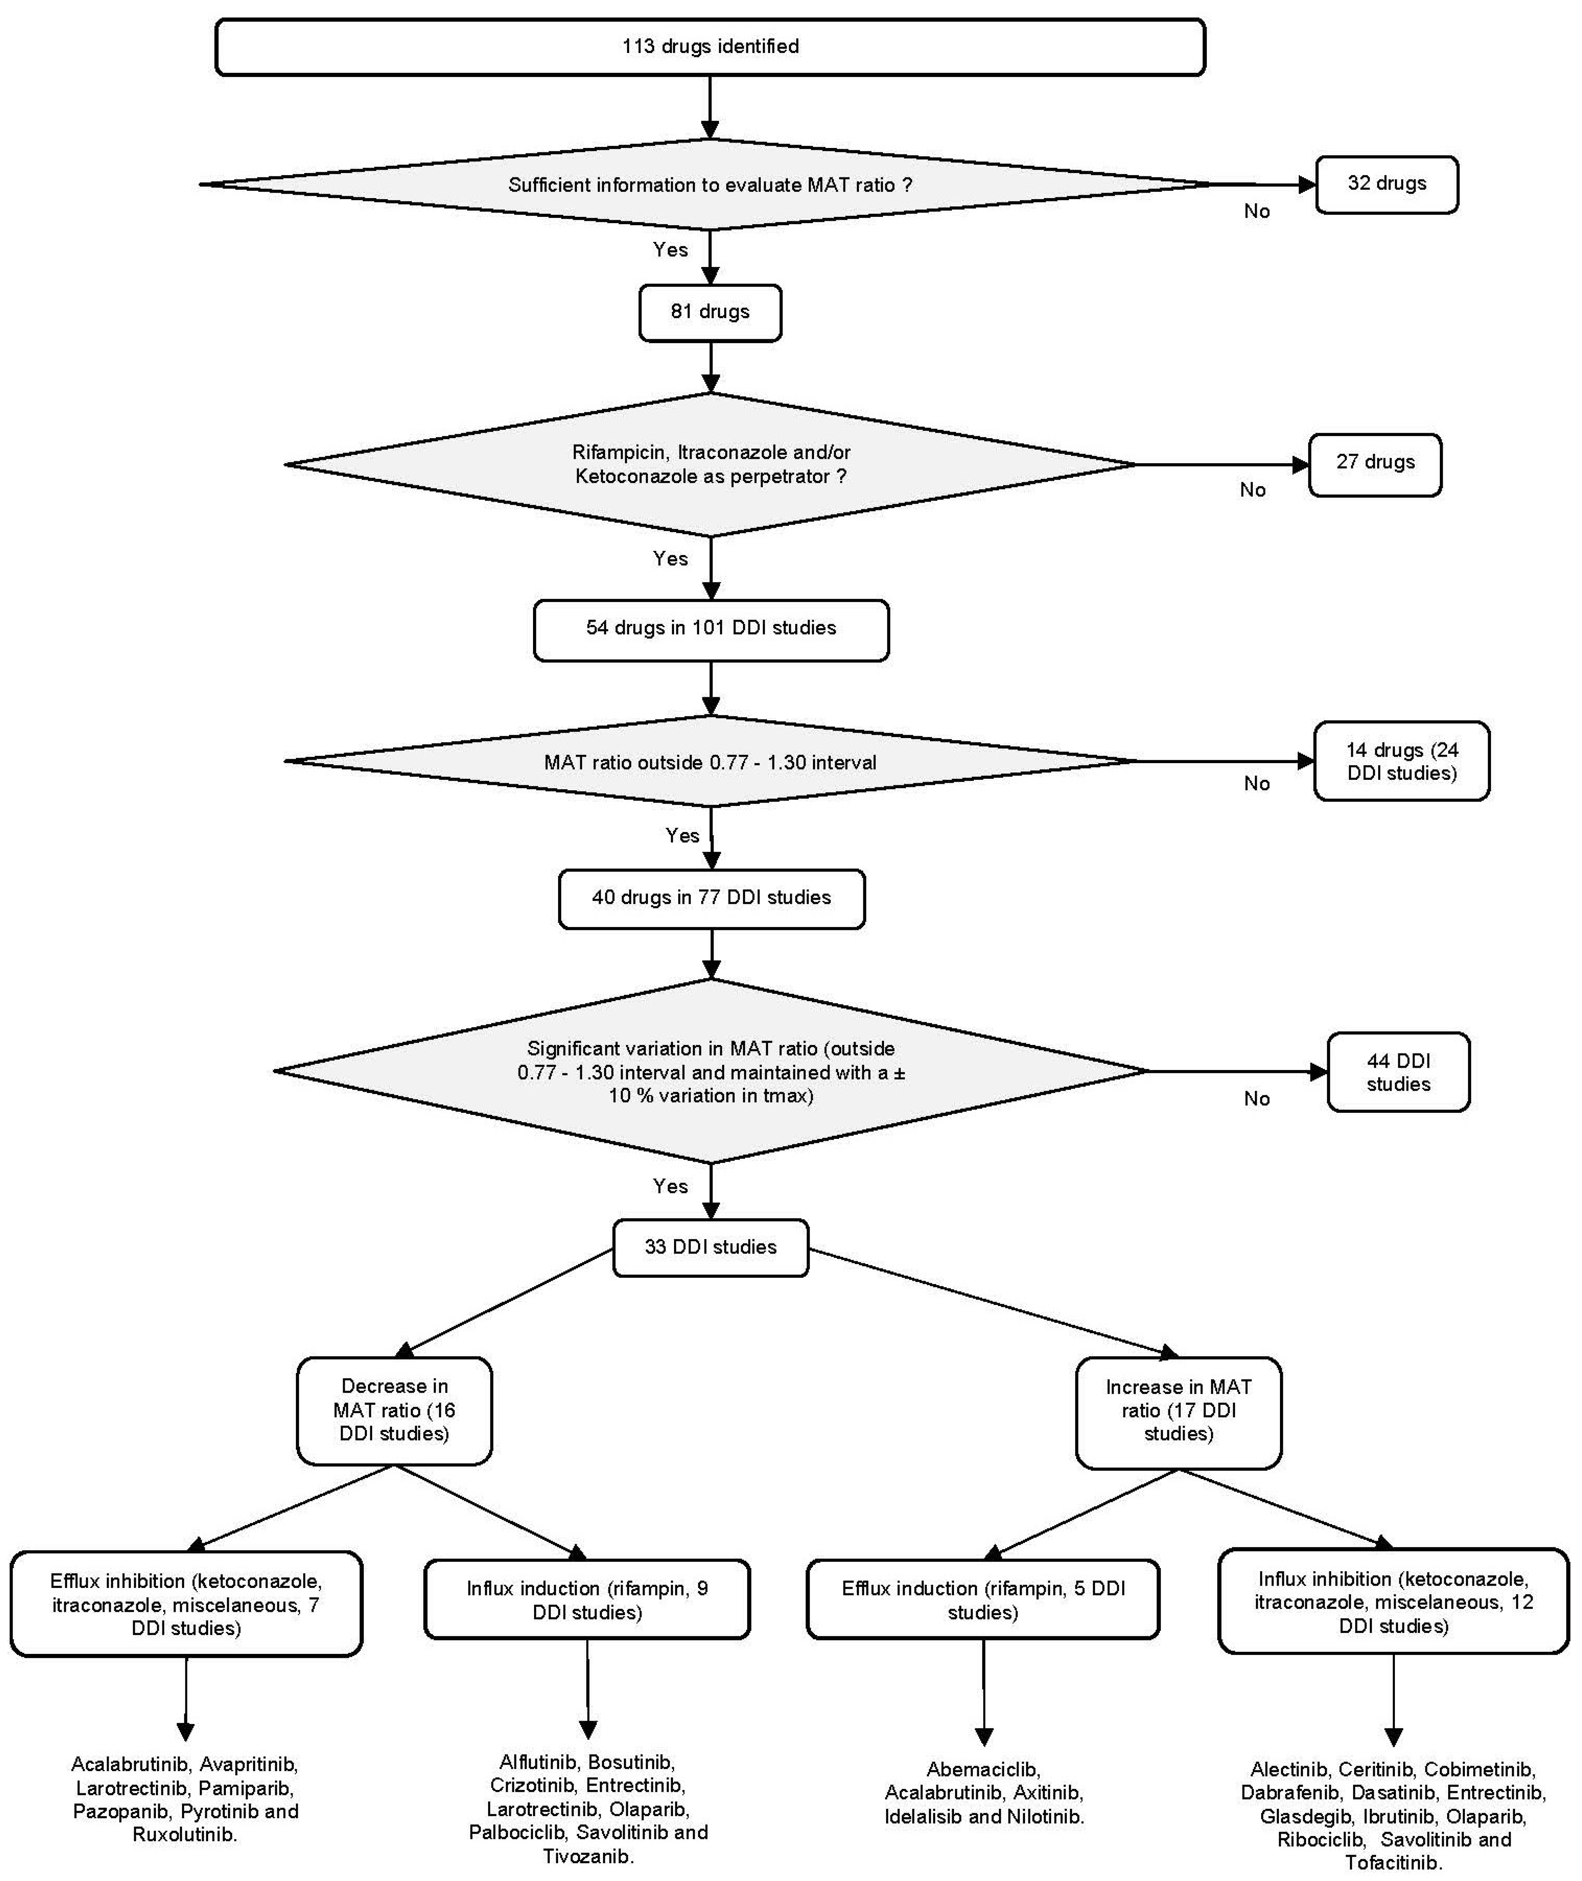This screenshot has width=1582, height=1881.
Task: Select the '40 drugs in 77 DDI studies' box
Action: click(x=711, y=898)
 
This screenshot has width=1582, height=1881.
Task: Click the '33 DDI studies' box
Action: click(x=710, y=1247)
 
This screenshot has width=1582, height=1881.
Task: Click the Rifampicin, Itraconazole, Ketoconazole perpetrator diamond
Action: click(x=710, y=465)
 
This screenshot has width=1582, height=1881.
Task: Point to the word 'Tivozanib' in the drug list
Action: click(x=587, y=1856)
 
